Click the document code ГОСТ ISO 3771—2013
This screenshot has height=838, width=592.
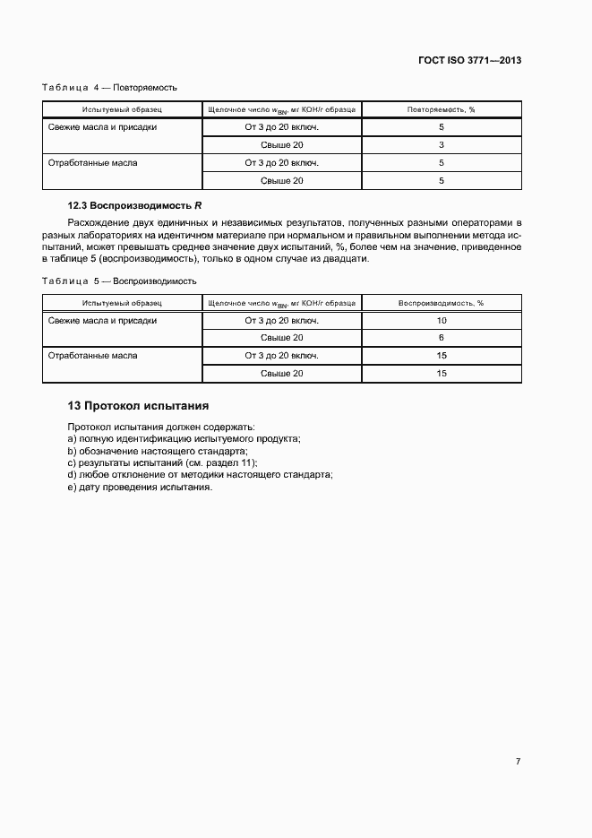point(469,61)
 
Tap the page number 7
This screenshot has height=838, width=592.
point(518,761)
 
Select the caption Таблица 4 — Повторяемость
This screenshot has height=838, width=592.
point(110,88)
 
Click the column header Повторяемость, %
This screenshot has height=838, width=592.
point(441,109)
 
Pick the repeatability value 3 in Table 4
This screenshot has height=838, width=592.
point(441,145)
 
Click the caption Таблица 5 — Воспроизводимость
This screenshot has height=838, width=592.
point(119,281)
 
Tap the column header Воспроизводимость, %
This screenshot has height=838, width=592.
point(441,303)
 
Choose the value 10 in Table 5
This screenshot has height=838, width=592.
point(441,320)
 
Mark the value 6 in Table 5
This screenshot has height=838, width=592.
point(441,338)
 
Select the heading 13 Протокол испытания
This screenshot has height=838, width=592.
point(138,405)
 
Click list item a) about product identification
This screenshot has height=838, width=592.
point(184,438)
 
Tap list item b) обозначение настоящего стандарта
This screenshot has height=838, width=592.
point(157,451)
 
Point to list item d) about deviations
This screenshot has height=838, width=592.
point(200,475)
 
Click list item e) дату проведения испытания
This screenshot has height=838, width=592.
point(140,488)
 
